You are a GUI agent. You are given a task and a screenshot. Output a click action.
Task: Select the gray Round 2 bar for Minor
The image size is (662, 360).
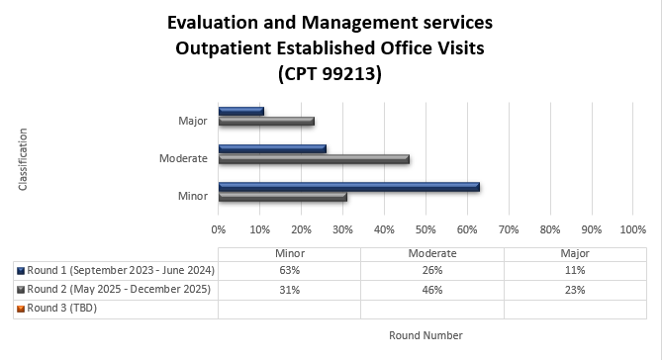(x=282, y=197)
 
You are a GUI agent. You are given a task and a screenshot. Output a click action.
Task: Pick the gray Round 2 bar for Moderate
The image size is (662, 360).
(x=314, y=158)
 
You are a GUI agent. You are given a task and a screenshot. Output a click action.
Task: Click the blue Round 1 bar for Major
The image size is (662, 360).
(x=241, y=111)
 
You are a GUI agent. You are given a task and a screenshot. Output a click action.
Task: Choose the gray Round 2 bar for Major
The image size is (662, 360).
(x=266, y=121)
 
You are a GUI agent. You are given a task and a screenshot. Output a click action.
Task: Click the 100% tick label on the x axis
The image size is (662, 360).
(x=631, y=229)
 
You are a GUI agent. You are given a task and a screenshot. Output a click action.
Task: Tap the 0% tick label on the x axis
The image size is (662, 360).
(x=219, y=229)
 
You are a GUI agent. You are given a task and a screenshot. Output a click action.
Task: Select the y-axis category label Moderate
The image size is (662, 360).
(x=183, y=158)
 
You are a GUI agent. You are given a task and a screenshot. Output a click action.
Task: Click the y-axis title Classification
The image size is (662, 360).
(x=22, y=158)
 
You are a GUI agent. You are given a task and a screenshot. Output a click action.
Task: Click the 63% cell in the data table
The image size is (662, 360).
(x=289, y=270)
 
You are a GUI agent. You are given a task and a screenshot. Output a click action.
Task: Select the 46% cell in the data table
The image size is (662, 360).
(x=431, y=289)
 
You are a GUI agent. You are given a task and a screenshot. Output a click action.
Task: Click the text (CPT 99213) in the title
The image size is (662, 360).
(x=330, y=73)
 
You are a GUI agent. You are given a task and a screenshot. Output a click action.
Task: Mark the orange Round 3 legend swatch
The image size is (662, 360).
(x=21, y=308)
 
